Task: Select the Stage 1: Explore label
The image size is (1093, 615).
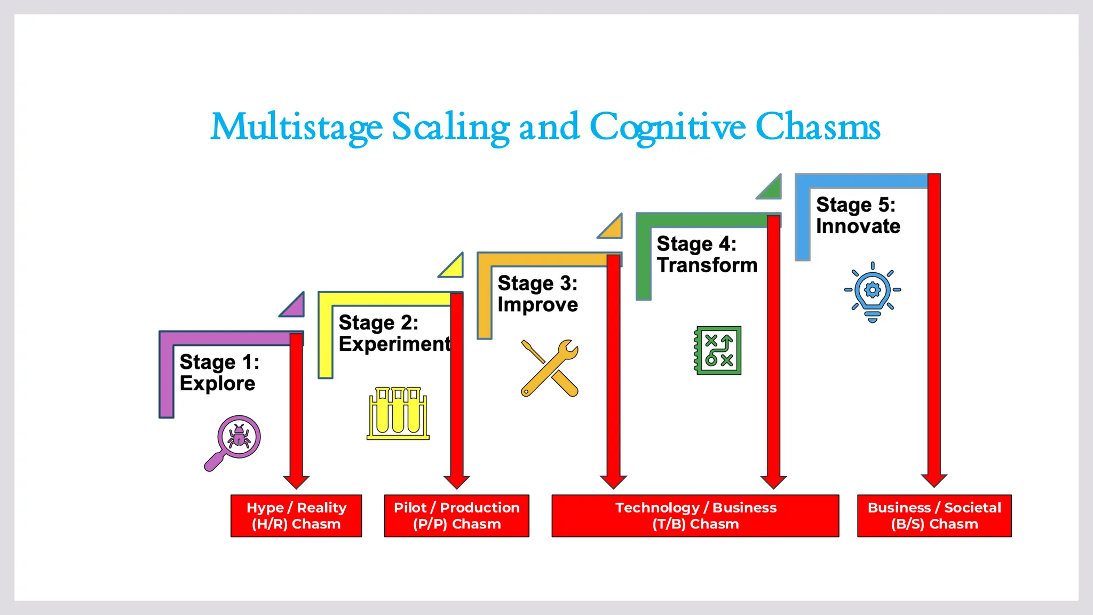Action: (x=219, y=373)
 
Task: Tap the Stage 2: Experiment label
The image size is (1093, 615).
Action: (x=394, y=334)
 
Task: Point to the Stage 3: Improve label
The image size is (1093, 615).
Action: (x=537, y=294)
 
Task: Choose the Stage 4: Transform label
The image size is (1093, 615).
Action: (x=707, y=255)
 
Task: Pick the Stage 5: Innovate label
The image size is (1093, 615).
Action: (x=858, y=216)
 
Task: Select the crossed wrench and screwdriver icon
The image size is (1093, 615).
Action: (x=550, y=368)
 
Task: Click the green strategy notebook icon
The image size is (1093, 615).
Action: (x=718, y=350)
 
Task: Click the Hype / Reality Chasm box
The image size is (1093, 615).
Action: (x=296, y=516)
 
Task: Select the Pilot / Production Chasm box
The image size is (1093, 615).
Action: (x=457, y=516)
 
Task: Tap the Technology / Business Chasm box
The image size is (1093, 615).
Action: (x=695, y=516)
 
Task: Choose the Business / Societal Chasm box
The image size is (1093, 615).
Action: (x=934, y=516)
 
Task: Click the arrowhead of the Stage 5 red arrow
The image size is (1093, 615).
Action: (x=934, y=480)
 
